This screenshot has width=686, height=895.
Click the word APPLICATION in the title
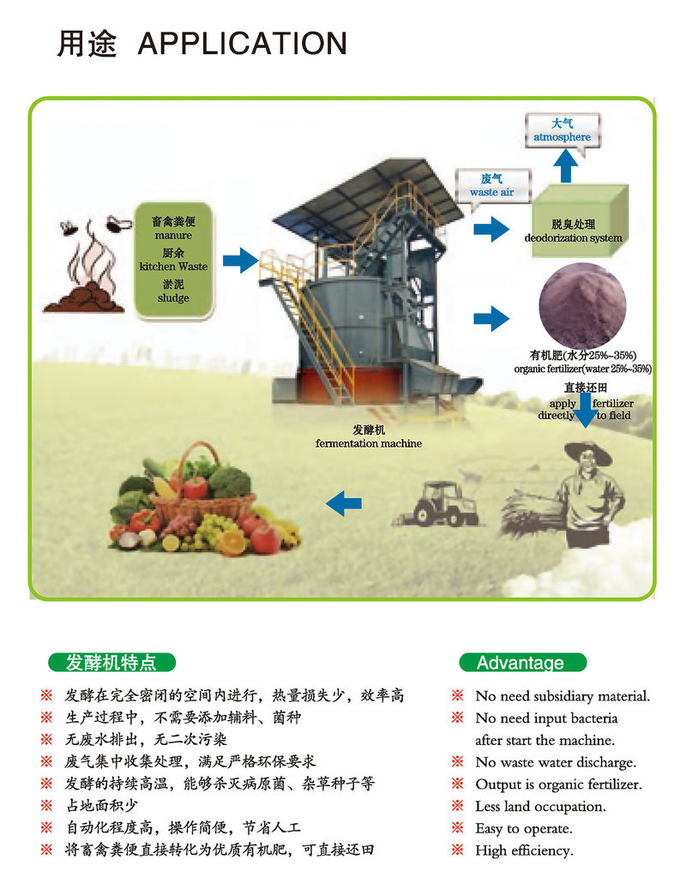(x=243, y=44)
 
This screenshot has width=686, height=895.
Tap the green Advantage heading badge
(x=523, y=662)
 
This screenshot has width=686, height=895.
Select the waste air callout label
(x=492, y=186)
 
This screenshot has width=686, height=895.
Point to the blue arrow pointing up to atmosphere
(x=566, y=166)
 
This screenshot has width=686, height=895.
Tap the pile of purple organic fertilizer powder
(x=583, y=305)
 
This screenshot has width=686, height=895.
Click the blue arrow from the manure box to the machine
(x=240, y=261)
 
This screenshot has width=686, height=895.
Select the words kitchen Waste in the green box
(x=173, y=267)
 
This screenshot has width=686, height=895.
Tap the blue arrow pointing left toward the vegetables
(x=344, y=503)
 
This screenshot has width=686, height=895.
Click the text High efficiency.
(x=524, y=850)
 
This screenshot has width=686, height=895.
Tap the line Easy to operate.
(x=523, y=829)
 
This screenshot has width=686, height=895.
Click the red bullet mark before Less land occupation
(x=457, y=805)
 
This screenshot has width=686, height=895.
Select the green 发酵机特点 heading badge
(x=111, y=662)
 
